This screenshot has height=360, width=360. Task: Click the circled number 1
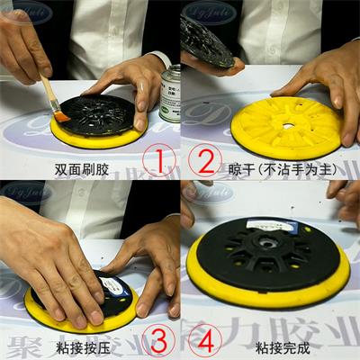click(x=157, y=163)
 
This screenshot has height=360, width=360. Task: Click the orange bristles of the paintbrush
click(x=61, y=115)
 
